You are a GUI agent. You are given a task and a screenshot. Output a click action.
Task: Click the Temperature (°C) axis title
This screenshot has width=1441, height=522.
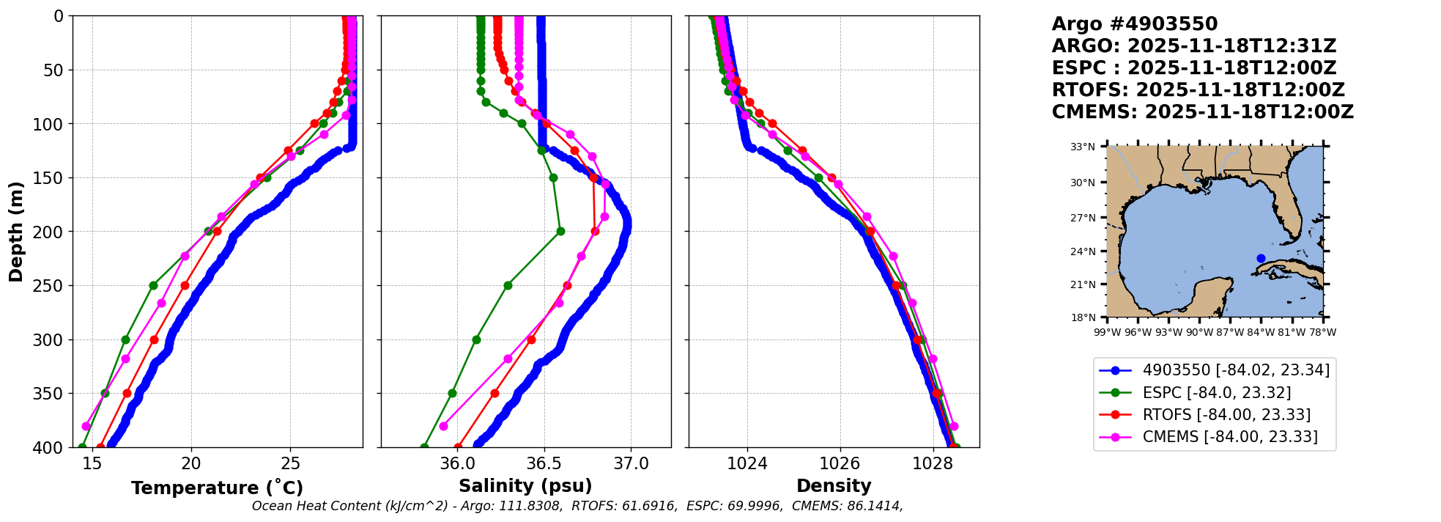217,488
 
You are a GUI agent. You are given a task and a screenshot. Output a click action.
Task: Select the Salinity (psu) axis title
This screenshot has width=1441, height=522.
525,486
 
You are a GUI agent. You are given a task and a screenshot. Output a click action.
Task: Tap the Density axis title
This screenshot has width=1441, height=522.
834,486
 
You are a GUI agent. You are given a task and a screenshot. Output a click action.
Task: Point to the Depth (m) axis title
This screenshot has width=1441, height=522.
16,232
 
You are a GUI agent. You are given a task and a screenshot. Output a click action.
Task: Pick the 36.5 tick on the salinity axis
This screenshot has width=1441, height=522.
544,463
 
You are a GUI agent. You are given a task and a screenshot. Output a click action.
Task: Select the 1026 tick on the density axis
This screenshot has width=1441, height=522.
840,463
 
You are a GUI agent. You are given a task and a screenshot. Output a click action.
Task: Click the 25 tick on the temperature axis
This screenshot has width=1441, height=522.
291,463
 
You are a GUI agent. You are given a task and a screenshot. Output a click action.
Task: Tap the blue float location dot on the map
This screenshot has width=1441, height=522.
1261,258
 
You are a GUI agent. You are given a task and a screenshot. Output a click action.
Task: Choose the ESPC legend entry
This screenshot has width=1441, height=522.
1216,393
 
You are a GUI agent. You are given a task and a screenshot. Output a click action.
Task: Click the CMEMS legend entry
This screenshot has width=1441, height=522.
1229,437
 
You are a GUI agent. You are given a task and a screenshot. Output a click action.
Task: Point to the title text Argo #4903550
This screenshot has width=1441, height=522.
1134,24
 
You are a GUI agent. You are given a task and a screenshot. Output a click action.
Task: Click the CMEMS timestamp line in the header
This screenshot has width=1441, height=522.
1202,112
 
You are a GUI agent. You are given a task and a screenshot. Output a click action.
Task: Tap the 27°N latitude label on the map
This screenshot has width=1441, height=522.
1082,218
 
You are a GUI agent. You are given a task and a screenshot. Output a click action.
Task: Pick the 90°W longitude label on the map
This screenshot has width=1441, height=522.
1199,332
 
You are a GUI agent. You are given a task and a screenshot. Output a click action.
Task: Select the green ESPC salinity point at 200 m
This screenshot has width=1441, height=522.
560,232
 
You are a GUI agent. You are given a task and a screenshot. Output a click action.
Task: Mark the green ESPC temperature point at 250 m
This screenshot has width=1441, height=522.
153,285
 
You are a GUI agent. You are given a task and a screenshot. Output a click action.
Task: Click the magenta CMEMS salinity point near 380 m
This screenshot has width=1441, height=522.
443,426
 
